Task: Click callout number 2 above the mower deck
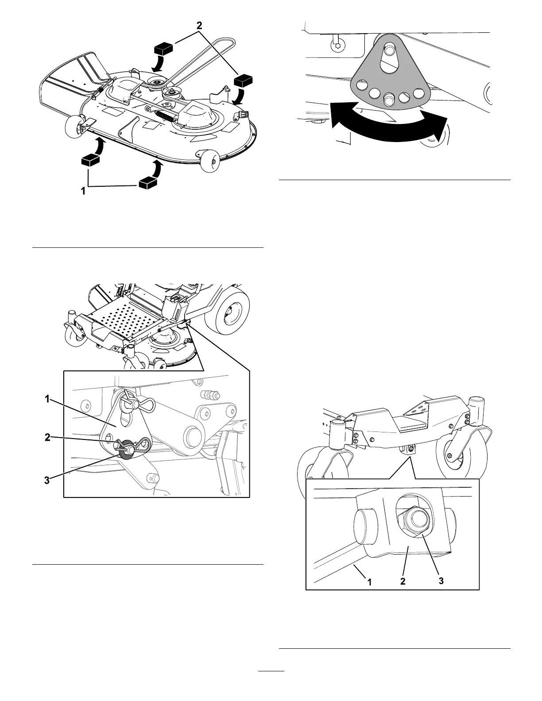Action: tap(200, 26)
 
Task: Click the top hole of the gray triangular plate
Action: tap(389, 52)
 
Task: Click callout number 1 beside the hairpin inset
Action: tap(47, 399)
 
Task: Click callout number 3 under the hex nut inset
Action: tap(441, 581)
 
